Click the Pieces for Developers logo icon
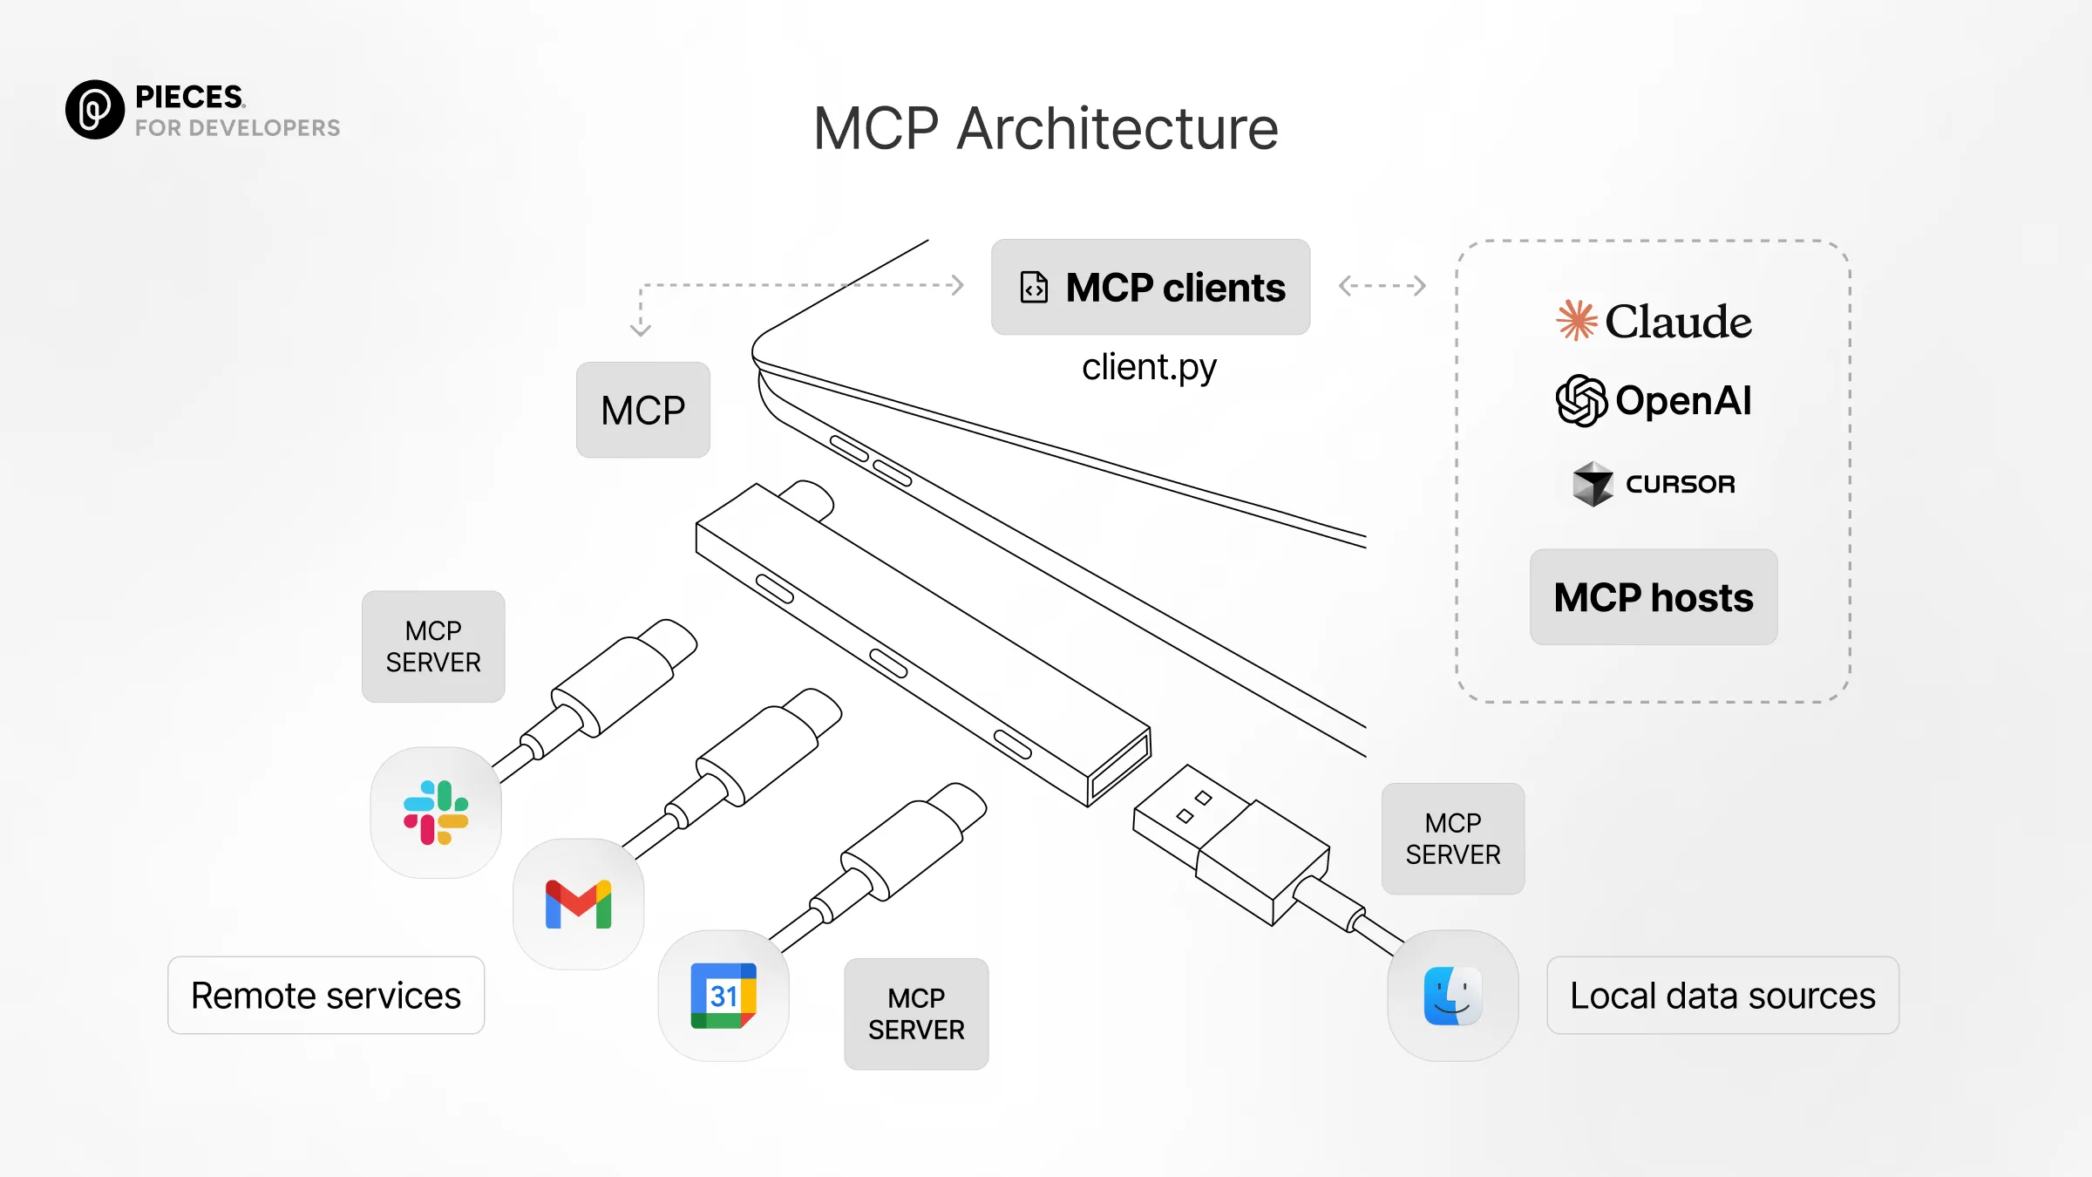(95, 110)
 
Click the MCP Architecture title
(1046, 129)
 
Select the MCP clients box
(1151, 287)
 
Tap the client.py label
(1149, 368)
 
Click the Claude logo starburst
(1577, 320)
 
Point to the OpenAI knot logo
(1581, 401)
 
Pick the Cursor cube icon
(1593, 484)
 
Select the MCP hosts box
(1654, 597)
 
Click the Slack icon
(436, 813)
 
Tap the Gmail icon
(579, 904)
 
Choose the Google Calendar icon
(723, 996)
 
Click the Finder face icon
(1453, 996)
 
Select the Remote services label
(326, 996)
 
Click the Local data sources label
(1723, 996)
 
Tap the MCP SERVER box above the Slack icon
(433, 647)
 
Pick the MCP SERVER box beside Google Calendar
(916, 1014)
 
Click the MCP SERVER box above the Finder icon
(1453, 839)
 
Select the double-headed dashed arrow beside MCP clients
(1382, 285)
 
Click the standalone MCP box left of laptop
(643, 410)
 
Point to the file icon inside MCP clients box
(1034, 287)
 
